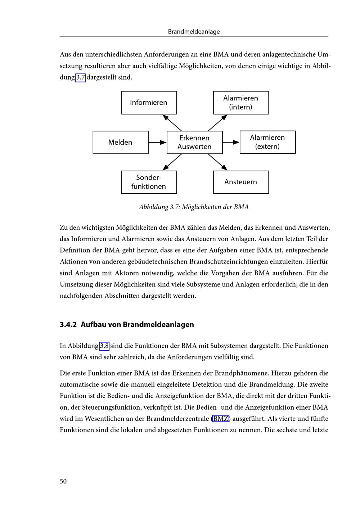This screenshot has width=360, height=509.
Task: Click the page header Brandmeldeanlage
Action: (194, 32)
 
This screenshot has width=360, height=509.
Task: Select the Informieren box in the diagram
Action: (149, 103)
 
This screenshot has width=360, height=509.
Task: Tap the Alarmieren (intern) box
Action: (241, 103)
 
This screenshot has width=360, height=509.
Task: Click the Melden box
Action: (120, 142)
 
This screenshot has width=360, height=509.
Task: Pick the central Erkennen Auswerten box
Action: (194, 142)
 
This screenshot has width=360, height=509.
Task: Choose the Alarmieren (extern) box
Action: (267, 142)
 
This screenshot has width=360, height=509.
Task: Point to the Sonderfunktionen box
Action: (149, 182)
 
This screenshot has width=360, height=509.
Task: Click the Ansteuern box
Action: (241, 182)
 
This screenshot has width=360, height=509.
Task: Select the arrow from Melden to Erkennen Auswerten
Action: (157, 143)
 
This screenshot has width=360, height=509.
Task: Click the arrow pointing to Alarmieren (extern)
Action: (231, 143)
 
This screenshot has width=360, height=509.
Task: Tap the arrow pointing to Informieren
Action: (172, 123)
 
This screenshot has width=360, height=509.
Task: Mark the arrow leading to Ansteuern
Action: (218, 162)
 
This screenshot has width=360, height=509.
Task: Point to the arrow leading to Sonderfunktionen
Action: (172, 162)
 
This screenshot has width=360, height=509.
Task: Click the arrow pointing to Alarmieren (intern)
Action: (218, 123)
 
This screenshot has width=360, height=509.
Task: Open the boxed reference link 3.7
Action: (80, 77)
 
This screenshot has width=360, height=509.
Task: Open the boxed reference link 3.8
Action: (104, 346)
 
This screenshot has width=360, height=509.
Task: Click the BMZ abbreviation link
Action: (221, 419)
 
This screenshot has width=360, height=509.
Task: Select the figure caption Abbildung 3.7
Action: (194, 207)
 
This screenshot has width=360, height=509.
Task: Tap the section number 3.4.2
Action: (68, 325)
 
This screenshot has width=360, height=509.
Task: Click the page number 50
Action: (63, 482)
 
